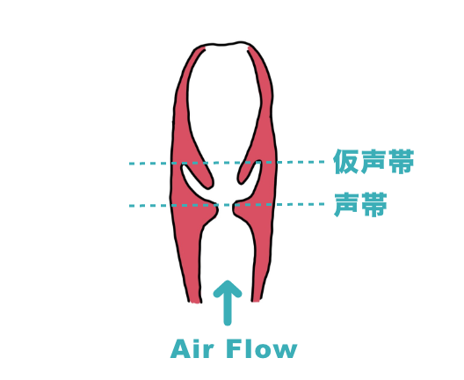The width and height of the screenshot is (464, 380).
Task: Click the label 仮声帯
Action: tap(373, 162)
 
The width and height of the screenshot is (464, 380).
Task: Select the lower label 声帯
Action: tap(360, 205)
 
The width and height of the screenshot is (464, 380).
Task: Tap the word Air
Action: tap(192, 348)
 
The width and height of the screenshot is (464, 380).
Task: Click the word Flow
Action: tap(262, 348)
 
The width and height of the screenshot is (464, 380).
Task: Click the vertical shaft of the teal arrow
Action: tap(228, 308)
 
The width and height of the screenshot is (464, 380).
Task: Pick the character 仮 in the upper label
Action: tap(345, 162)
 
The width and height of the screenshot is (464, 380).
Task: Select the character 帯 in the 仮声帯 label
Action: tap(401, 162)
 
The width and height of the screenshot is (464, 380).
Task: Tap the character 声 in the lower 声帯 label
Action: tap(347, 205)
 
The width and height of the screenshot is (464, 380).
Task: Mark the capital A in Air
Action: tap(180, 348)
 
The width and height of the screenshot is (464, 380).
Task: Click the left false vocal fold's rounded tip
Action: tap(209, 184)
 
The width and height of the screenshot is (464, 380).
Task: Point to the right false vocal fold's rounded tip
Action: tap(241, 181)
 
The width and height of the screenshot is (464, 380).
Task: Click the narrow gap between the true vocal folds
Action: tap(226, 208)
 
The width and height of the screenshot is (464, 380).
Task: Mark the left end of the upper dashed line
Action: tap(130, 164)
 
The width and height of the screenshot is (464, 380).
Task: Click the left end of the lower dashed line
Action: tap(130, 206)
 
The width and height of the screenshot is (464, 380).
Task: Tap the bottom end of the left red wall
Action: tap(195, 302)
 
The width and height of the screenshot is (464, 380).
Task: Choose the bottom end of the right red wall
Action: tap(256, 300)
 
